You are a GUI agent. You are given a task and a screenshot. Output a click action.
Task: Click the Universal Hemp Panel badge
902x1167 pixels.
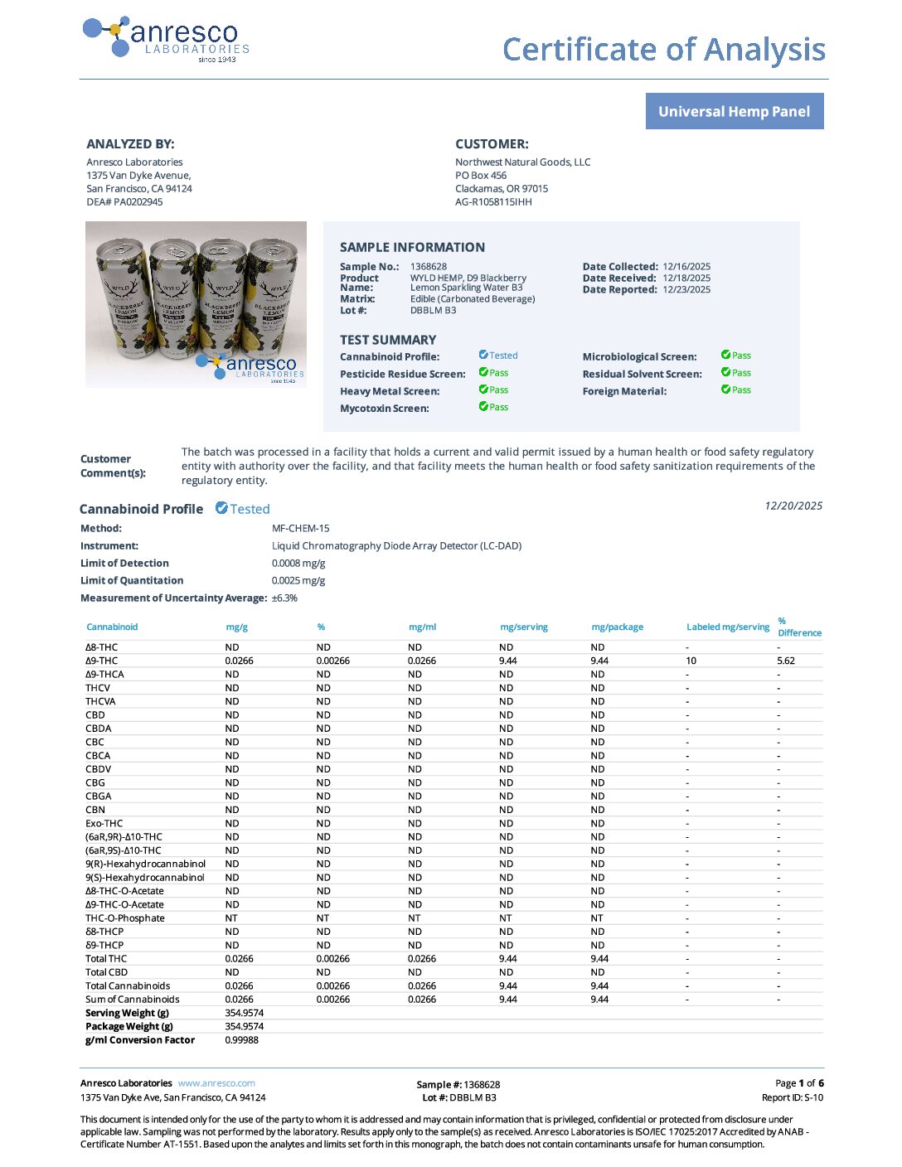point(734,112)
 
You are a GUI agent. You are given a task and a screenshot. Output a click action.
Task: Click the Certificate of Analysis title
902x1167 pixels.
point(663,50)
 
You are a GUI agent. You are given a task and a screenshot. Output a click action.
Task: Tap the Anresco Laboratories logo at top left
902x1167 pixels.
point(167,39)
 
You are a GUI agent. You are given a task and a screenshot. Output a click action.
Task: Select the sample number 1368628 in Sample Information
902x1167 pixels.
point(429,267)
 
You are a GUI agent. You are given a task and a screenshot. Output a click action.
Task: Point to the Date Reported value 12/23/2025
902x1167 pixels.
point(686,290)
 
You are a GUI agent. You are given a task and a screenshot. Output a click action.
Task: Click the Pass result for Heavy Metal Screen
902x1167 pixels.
point(494,390)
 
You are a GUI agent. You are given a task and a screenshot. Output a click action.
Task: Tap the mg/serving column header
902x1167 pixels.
point(524,627)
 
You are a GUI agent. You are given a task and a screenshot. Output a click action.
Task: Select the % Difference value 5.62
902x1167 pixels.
point(786,661)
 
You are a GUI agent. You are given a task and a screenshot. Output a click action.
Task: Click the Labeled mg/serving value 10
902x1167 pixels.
point(691,661)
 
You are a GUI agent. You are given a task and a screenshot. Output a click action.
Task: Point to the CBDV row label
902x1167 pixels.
point(98,769)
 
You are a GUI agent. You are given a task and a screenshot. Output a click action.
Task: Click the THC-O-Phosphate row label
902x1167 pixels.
point(125,918)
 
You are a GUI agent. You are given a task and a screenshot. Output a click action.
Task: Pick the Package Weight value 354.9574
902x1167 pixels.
point(244,1027)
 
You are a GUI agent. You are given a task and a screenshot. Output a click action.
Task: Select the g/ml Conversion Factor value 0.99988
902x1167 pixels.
point(241,1040)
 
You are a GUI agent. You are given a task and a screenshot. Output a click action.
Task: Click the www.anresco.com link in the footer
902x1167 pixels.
point(216,1083)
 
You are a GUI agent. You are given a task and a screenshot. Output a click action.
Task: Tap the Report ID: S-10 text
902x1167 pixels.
point(793,1097)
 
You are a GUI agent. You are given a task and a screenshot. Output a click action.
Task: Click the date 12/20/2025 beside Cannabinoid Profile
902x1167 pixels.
point(793,506)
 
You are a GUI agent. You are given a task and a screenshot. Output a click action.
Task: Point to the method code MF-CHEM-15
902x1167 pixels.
point(300,529)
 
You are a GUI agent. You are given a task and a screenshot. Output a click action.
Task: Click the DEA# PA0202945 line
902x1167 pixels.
point(124,202)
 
